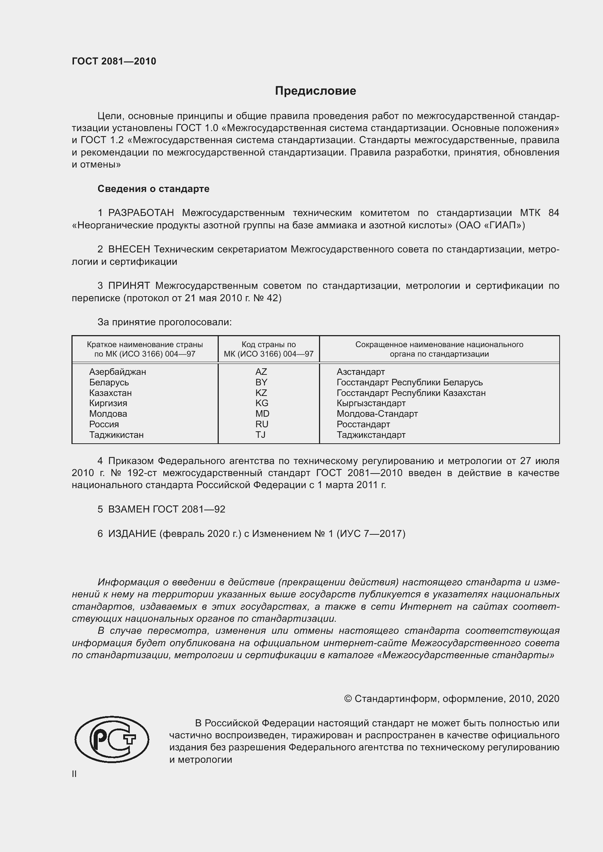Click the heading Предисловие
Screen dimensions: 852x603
click(315, 91)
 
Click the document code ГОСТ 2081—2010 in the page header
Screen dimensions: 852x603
click(114, 61)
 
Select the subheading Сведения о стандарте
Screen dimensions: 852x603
click(153, 189)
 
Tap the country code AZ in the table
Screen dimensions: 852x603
click(261, 372)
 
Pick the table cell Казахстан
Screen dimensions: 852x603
click(110, 393)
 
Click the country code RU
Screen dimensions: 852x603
click(262, 424)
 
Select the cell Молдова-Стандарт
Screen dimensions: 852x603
click(377, 414)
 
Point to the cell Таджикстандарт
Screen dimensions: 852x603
click(371, 435)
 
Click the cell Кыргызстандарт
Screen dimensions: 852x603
click(371, 403)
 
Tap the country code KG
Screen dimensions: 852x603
click(262, 403)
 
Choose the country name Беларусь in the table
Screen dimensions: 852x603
click(109, 382)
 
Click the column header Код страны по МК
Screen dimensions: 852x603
click(268, 349)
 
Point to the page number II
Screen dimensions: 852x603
click(74, 774)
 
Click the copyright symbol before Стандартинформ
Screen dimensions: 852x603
click(348, 699)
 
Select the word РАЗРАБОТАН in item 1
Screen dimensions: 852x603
click(141, 213)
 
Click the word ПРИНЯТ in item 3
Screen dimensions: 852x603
click(129, 286)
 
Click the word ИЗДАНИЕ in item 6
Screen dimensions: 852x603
click(132, 534)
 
